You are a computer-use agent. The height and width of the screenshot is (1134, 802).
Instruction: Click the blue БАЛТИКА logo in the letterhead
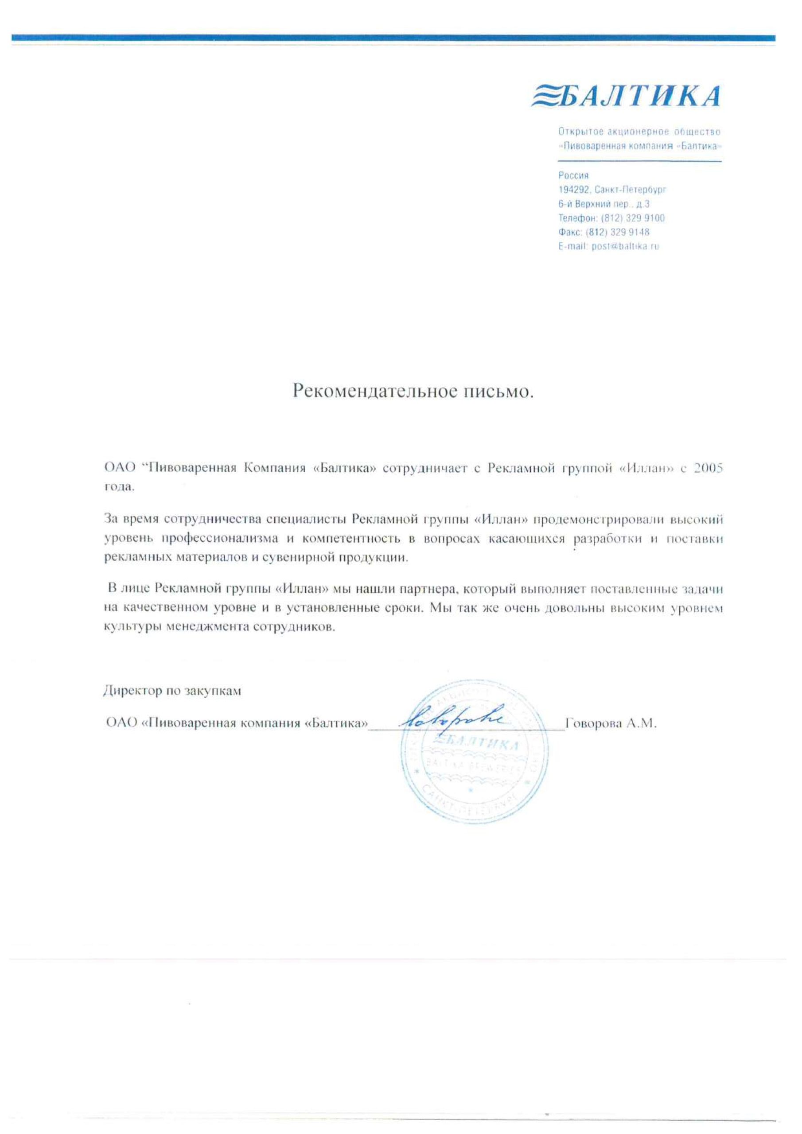click(x=625, y=96)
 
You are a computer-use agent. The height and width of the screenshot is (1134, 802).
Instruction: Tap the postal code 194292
click(x=574, y=189)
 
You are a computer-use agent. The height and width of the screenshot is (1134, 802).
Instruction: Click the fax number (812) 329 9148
click(x=617, y=232)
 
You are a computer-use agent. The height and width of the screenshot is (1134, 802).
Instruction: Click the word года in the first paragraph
click(x=119, y=487)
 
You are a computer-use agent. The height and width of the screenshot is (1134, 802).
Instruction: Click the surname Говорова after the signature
click(x=592, y=724)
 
